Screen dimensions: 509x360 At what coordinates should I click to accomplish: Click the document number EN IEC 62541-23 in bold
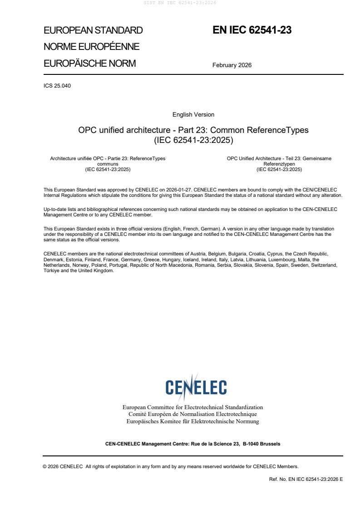[x=252, y=30]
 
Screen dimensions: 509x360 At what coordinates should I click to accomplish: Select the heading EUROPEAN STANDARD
[x=93, y=31]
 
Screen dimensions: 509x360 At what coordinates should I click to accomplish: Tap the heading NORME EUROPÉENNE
[x=91, y=47]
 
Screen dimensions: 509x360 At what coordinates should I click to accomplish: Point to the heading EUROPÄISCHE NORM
[x=89, y=64]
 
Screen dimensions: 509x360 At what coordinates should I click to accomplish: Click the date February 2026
[x=232, y=65]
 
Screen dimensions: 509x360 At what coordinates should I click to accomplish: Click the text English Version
[x=193, y=115]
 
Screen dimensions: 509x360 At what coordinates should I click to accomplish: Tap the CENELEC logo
[x=196, y=387]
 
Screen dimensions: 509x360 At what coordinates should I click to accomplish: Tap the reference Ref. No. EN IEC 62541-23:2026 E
[x=306, y=479]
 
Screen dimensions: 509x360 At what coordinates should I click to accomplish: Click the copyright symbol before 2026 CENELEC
[x=45, y=466]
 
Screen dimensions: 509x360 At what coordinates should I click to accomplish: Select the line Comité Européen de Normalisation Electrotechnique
[x=192, y=414]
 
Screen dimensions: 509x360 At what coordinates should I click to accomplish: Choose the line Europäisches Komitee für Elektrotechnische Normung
[x=192, y=421]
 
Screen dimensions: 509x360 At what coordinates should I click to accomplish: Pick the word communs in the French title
[x=108, y=164]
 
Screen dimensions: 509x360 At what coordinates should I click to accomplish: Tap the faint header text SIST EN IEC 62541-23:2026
[x=180, y=3]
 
